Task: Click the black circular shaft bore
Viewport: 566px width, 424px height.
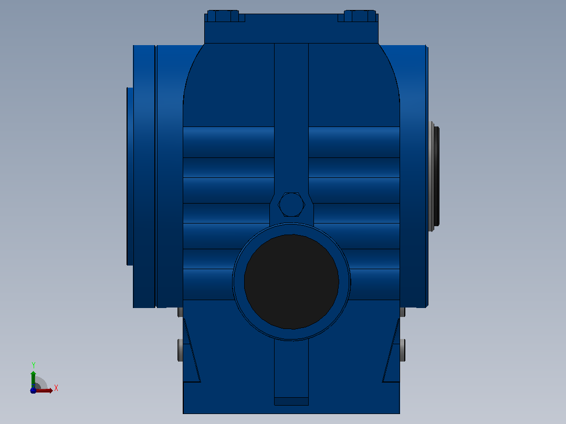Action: point(291,281)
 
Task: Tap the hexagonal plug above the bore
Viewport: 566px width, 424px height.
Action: point(291,205)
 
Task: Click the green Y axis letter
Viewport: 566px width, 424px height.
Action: point(34,365)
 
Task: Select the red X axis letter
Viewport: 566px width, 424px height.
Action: point(56,388)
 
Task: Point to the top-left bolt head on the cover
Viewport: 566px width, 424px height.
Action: point(223,16)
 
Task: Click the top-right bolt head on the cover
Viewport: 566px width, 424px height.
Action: point(360,16)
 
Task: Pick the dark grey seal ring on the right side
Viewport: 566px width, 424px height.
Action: point(435,176)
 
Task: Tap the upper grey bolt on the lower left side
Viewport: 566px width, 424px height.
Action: point(180,312)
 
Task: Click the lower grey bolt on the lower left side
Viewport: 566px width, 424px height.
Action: point(180,350)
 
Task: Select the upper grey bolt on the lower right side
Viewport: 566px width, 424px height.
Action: point(403,312)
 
